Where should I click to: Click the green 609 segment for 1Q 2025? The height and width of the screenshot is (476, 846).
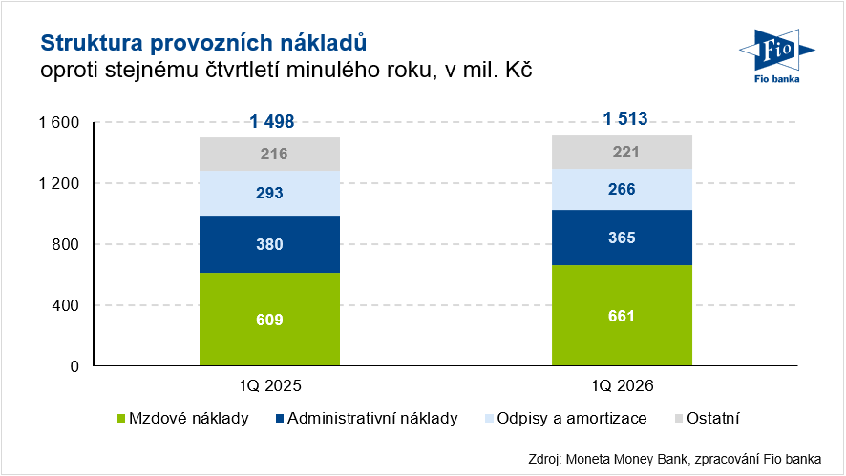pyautogui.click(x=269, y=320)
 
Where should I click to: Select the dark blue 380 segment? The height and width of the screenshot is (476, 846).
pyautogui.click(x=269, y=244)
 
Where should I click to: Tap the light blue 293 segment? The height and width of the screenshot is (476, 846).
pyautogui.click(x=269, y=193)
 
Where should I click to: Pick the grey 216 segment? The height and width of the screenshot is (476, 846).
pyautogui.click(x=269, y=155)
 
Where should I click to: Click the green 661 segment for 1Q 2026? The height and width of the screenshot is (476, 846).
pyautogui.click(x=623, y=316)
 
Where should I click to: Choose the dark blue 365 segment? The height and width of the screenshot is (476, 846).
pyautogui.click(x=623, y=238)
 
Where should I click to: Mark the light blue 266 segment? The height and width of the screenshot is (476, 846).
pyautogui.click(x=623, y=189)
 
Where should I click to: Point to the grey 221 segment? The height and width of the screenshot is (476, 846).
pyautogui.click(x=623, y=152)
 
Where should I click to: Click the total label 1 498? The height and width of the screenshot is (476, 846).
pyautogui.click(x=271, y=121)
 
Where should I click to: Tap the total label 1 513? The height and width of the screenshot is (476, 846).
pyautogui.click(x=624, y=119)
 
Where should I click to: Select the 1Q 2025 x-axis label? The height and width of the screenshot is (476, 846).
pyautogui.click(x=270, y=386)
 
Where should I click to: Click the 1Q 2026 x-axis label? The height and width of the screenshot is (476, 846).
pyautogui.click(x=623, y=386)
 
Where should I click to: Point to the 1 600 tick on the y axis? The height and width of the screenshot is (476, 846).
pyautogui.click(x=57, y=122)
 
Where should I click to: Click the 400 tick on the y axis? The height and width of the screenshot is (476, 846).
pyautogui.click(x=64, y=305)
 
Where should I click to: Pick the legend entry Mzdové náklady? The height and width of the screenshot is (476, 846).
pyautogui.click(x=182, y=418)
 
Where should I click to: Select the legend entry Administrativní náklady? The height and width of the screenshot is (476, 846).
pyautogui.click(x=364, y=418)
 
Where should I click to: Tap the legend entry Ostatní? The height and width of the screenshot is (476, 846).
pyautogui.click(x=708, y=418)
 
